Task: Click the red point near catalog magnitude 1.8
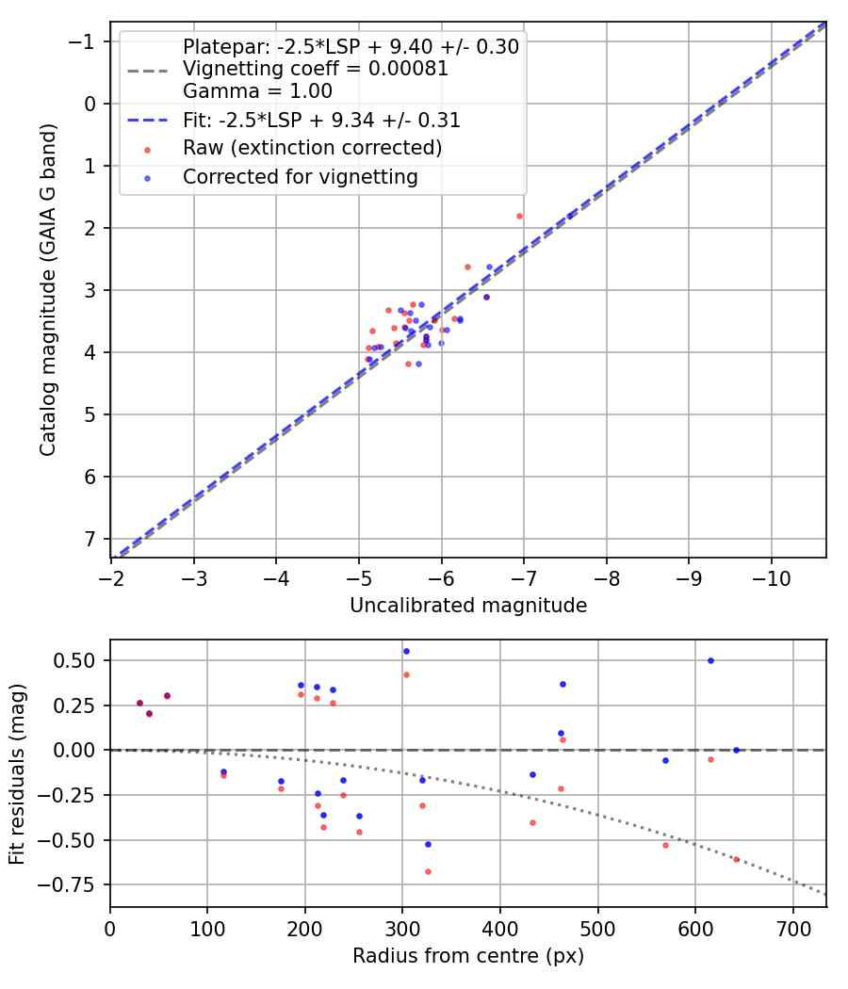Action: click(x=519, y=216)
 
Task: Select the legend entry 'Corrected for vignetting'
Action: click(x=301, y=176)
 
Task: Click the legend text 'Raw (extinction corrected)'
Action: click(x=312, y=148)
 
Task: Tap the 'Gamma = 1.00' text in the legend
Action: click(x=257, y=91)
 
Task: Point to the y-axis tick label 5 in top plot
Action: click(x=90, y=414)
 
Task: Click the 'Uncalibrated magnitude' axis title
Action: click(x=468, y=606)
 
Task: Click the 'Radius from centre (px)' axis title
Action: click(x=468, y=956)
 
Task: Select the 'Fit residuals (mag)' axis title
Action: click(x=17, y=774)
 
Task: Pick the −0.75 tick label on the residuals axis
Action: click(x=74, y=884)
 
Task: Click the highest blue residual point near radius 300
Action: click(x=406, y=651)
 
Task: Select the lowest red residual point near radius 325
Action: click(x=428, y=871)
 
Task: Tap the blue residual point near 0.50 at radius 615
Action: click(x=710, y=660)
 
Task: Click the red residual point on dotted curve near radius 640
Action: click(x=736, y=859)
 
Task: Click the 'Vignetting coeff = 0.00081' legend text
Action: click(x=316, y=69)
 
